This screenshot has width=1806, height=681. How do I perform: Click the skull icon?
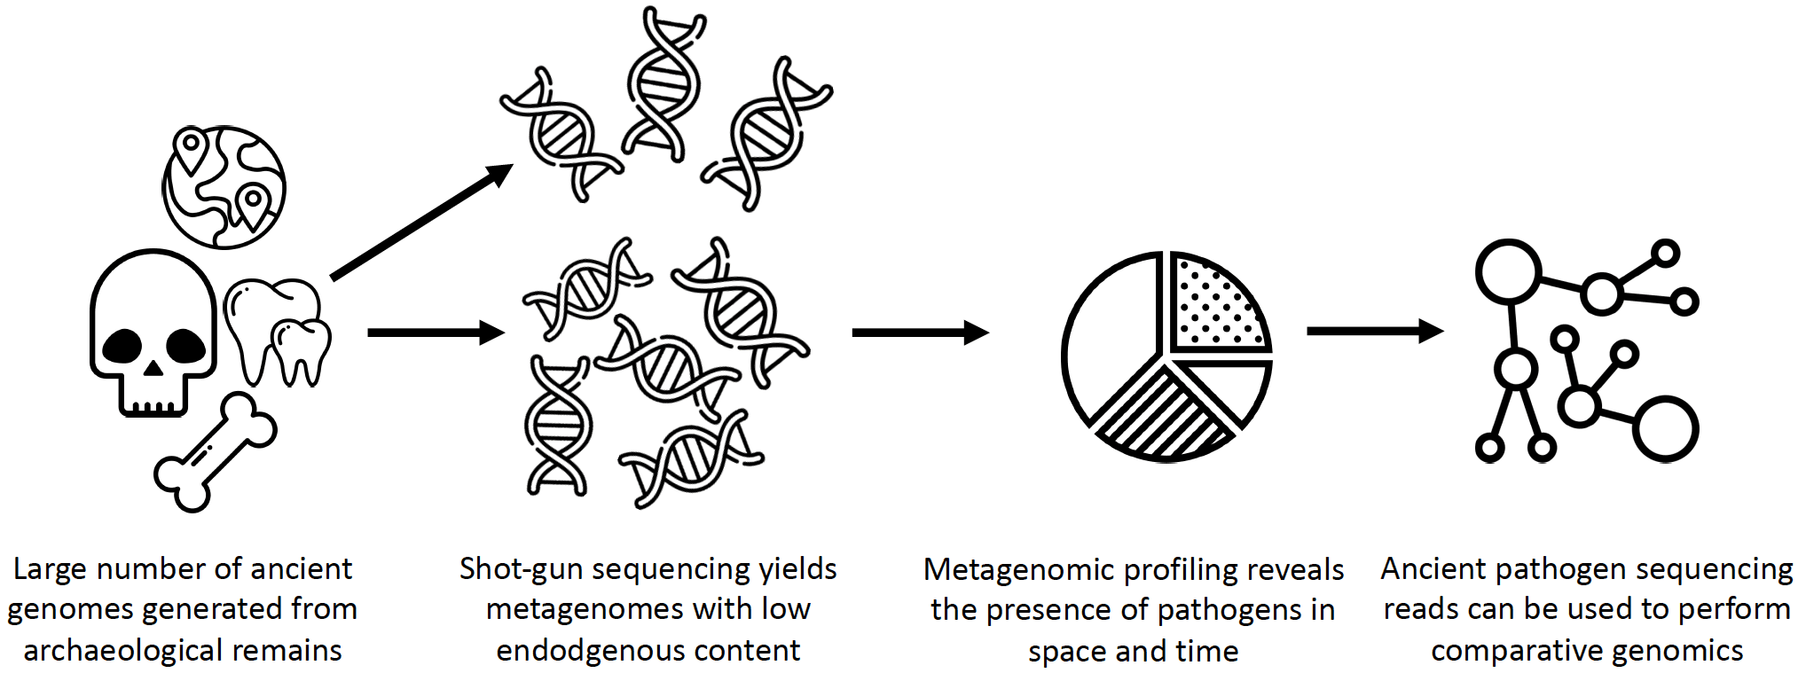coord(153,333)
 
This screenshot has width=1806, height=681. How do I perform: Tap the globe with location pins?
coord(224,187)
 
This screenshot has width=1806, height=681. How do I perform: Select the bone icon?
coord(215,453)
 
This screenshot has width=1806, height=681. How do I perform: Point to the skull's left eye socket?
coord(122,347)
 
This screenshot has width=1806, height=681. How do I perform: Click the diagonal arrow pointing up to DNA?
coord(421,223)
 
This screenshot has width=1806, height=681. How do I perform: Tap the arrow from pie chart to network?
coord(1374,331)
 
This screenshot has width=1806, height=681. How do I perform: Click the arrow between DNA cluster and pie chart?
coord(919,333)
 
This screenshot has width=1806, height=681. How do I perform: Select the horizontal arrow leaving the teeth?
coord(435,333)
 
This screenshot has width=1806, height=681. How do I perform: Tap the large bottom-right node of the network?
coord(1665,429)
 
